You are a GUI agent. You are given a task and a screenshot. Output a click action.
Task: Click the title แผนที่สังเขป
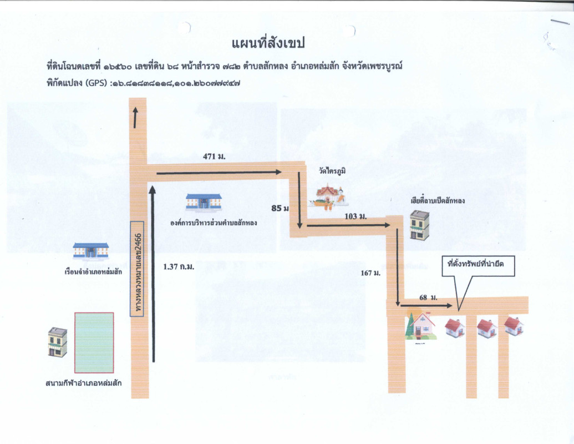(268, 43)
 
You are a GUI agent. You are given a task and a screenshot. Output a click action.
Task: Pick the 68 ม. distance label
(428, 298)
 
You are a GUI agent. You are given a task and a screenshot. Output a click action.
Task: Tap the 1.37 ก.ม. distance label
(179, 267)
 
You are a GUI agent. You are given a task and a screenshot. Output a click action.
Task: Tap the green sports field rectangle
(94, 342)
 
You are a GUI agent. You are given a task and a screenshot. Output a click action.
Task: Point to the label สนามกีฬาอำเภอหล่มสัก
(84, 383)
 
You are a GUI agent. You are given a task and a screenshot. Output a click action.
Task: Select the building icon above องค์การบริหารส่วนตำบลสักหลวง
(204, 203)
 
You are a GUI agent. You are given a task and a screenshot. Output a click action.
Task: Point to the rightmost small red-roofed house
(513, 326)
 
